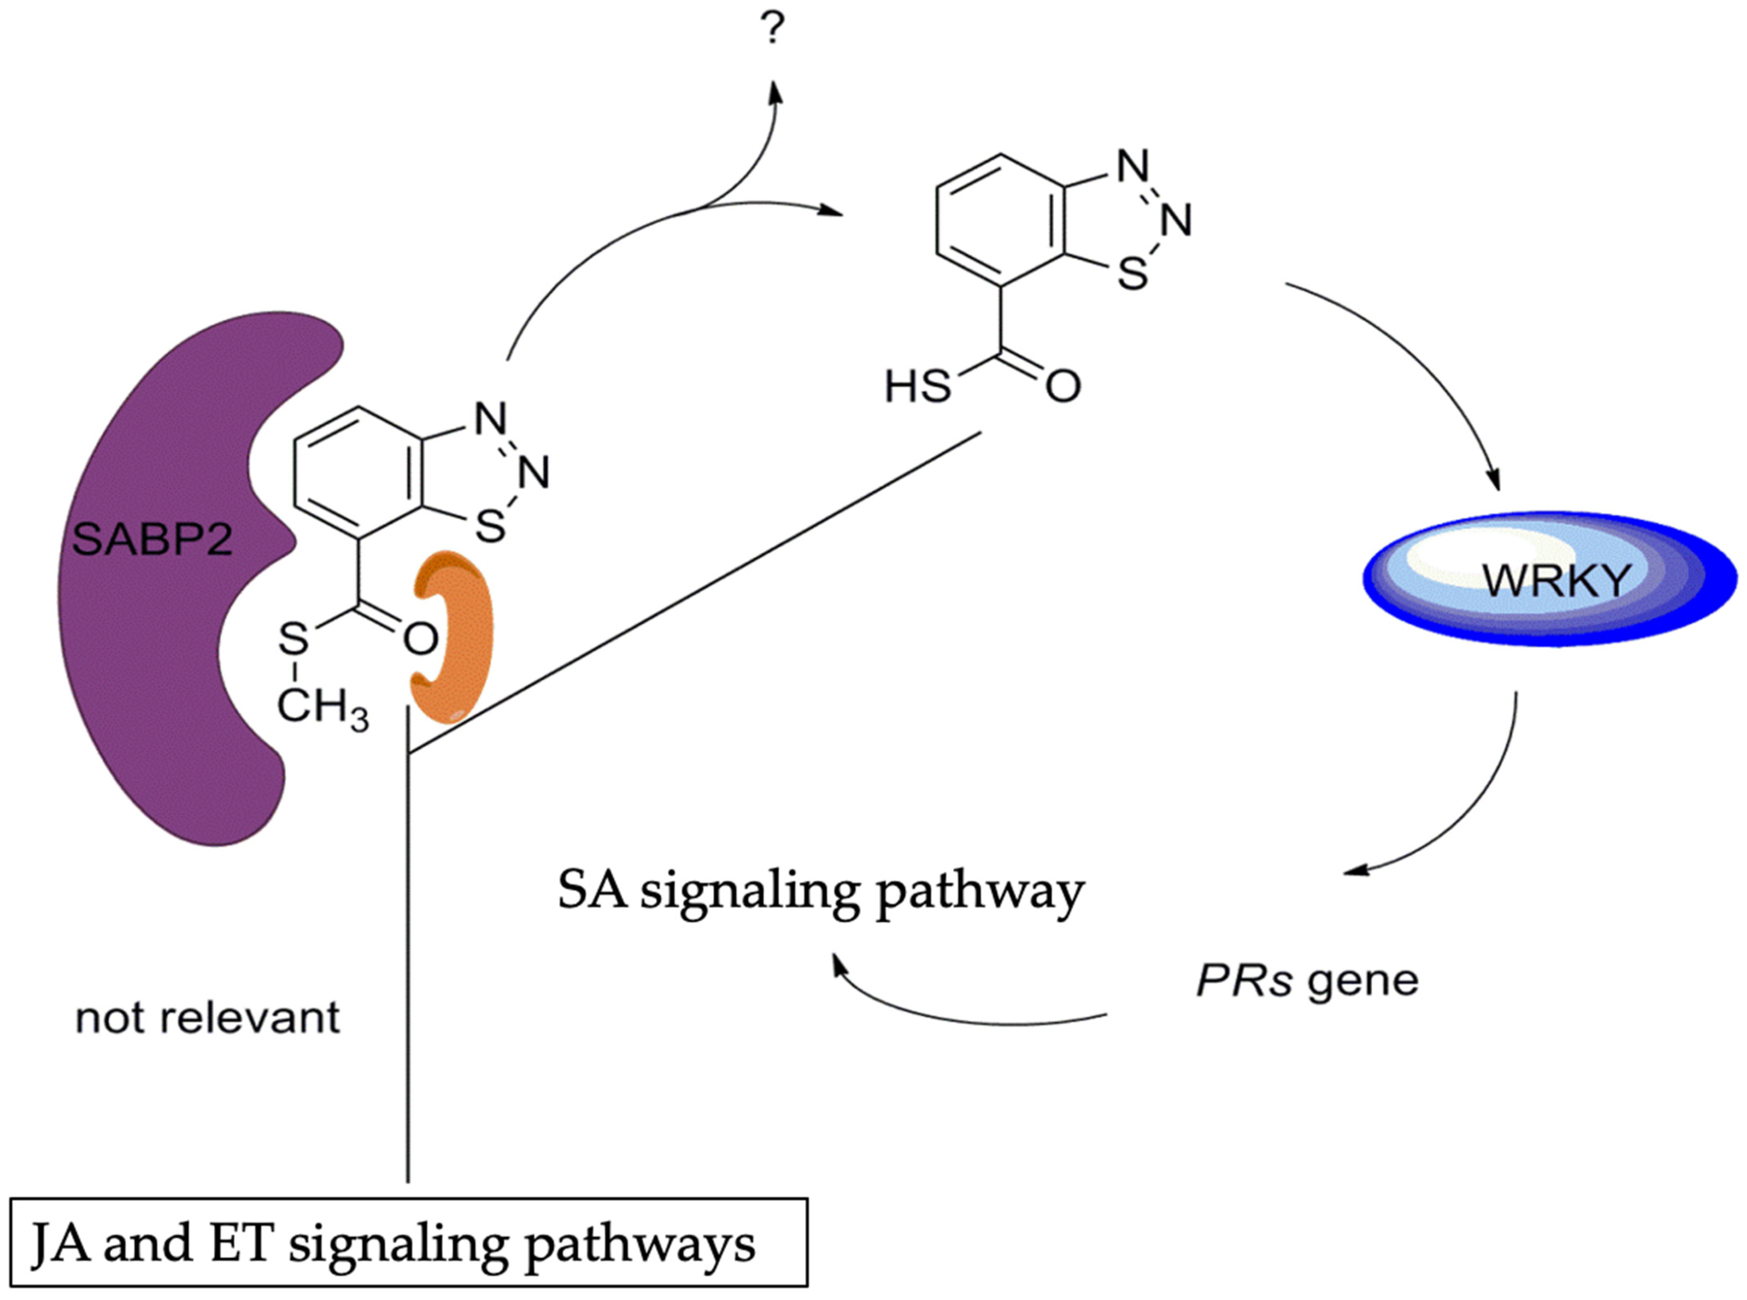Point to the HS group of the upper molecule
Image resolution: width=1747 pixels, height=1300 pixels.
point(917,387)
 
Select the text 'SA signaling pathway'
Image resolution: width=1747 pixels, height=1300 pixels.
point(821,891)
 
